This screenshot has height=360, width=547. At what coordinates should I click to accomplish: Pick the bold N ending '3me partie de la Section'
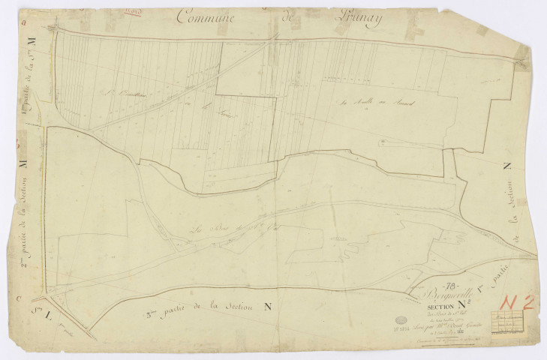pos(268,305)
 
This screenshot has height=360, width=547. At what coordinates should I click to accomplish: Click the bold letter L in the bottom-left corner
pos(33,309)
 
